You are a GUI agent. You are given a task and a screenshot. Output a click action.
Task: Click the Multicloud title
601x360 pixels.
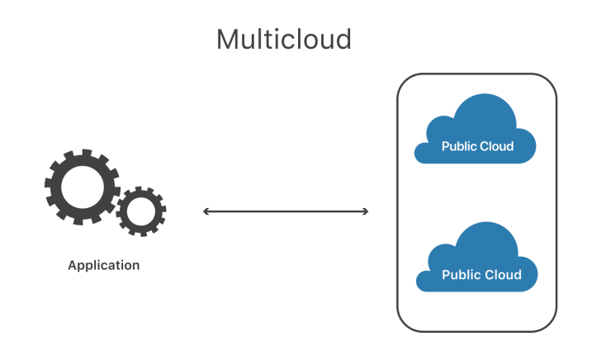[284, 39]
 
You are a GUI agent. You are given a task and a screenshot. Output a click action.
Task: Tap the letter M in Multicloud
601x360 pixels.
[229, 39]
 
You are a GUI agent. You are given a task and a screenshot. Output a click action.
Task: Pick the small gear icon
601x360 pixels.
[141, 211]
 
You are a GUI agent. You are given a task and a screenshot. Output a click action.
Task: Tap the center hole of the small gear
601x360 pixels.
[141, 211]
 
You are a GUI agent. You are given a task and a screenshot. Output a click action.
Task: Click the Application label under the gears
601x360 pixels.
[104, 266]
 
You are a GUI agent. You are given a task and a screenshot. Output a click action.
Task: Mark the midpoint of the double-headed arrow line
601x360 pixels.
[286, 212]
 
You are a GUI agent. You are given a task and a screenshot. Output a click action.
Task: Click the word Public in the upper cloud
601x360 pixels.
[459, 147]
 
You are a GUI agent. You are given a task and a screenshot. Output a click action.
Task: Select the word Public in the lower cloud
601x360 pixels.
[460, 275]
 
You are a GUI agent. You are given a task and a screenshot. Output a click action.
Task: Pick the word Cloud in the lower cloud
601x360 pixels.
[504, 275]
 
